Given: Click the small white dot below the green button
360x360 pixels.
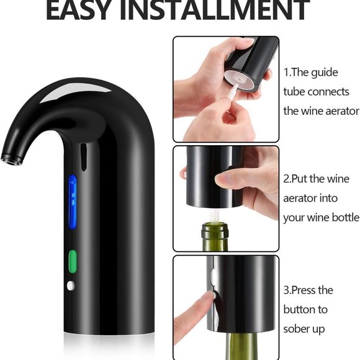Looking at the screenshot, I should tap(70, 286).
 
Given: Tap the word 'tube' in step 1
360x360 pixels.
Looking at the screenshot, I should tap(295, 92).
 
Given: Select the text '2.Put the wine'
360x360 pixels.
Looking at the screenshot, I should tap(317, 179).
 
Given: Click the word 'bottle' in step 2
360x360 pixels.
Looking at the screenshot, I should tap(344, 218).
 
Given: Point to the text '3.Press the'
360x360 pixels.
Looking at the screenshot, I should tap(308, 290).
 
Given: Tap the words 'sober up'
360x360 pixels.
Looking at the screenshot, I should tap(304, 329).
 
